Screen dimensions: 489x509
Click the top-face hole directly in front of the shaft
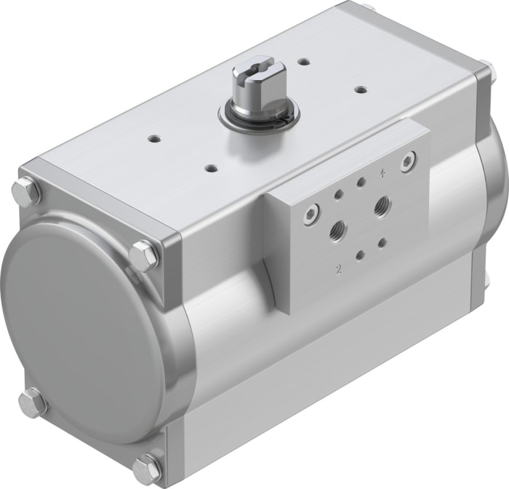(x=210, y=168)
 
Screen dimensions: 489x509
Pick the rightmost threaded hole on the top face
(x=359, y=89)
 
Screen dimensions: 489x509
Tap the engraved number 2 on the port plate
(x=338, y=269)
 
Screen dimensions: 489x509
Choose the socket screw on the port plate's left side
(x=290, y=214)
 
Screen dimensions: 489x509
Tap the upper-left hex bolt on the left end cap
(x=27, y=192)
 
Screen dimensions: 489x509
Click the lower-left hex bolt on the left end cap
(x=34, y=402)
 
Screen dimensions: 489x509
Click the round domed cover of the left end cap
(x=80, y=327)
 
